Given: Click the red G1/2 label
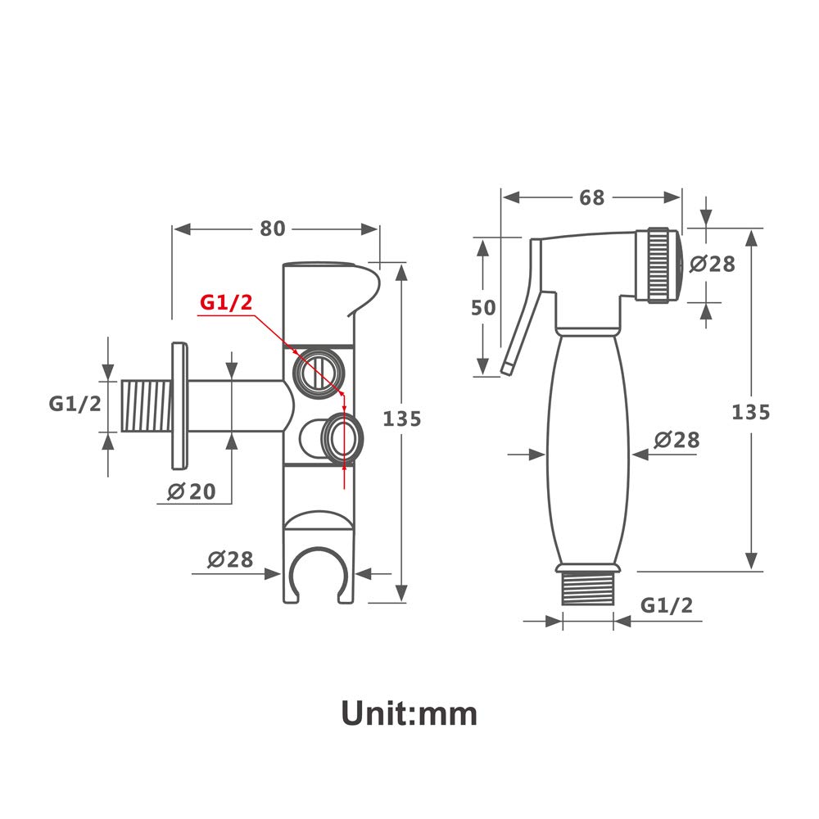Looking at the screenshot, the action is (226, 302).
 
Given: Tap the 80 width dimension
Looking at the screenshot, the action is (273, 229).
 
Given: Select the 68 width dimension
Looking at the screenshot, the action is (592, 197).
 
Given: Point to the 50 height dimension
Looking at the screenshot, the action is (483, 308).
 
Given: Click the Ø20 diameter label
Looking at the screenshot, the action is (192, 491).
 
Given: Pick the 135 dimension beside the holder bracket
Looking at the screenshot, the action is (401, 419).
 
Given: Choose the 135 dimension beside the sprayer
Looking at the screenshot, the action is (750, 412).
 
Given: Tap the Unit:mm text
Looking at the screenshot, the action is (409, 713).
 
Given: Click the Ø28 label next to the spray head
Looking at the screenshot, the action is (712, 264).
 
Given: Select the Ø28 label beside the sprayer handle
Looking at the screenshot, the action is (677, 440).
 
